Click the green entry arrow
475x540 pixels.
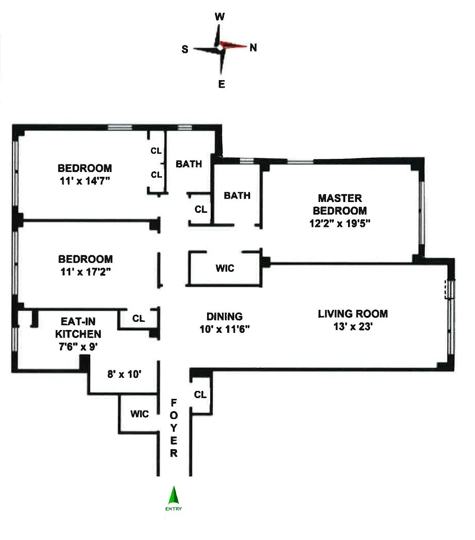[x=174, y=496]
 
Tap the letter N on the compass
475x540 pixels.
[x=253, y=47]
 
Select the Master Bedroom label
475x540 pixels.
[x=340, y=204]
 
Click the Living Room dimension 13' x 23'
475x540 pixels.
[x=353, y=327]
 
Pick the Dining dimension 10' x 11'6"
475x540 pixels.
[x=225, y=329]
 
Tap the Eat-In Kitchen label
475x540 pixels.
[x=78, y=328]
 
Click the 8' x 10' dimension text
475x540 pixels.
[x=124, y=374]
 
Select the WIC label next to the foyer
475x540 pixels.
[x=139, y=414]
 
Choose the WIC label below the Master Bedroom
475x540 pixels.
[x=225, y=269]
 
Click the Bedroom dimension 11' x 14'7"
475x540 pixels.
[x=85, y=180]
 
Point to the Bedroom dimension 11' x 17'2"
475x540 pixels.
[x=85, y=271]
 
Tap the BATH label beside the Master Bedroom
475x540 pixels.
[x=237, y=195]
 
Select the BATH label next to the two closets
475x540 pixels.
[x=189, y=164]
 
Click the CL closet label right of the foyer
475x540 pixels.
[x=200, y=395]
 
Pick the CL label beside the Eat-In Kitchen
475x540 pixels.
[x=139, y=319]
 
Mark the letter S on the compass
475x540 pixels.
[x=185, y=50]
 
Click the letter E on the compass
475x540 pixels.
[x=222, y=85]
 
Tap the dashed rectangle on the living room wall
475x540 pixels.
[x=450, y=289]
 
